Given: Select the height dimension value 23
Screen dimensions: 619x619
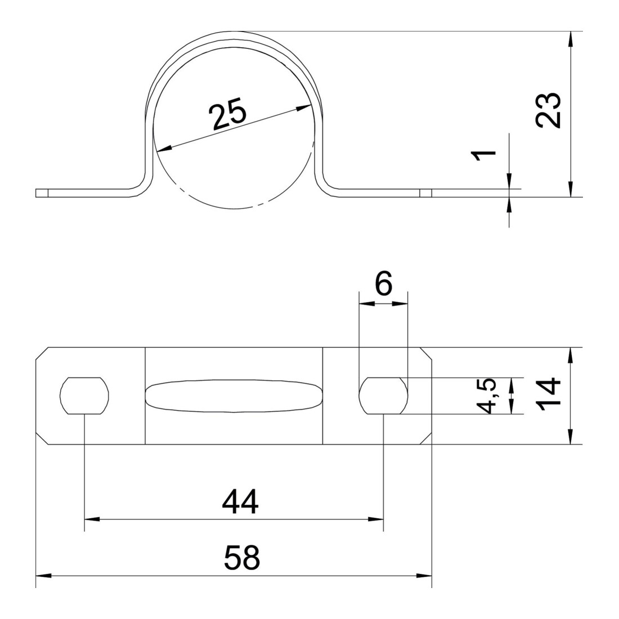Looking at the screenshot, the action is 549,110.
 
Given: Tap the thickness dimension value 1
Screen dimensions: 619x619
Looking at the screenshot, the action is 485,155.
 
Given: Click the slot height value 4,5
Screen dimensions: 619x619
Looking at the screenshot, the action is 490,396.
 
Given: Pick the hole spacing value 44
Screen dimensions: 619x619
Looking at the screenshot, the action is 240,501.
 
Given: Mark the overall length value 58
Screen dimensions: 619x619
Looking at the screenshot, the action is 241,557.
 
